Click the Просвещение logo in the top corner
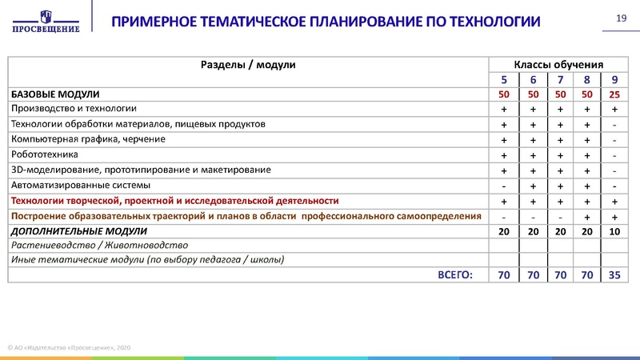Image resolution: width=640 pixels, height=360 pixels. tap(46, 21)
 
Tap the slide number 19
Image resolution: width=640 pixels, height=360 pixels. tap(619, 18)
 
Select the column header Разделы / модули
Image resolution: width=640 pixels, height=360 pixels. tap(248, 64)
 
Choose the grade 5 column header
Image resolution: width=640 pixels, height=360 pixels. tap(504, 79)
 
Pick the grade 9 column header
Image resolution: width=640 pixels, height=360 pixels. tap(614, 79)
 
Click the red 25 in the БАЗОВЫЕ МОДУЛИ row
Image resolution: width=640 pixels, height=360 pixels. tap(614, 94)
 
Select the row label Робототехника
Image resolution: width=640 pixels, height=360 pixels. tap(44, 154)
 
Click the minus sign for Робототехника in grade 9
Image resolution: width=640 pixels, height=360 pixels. tap(614, 155)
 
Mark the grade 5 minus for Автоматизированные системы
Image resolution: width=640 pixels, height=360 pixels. tap(504, 186)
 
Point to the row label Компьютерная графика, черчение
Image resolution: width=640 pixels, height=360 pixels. tap(88, 139)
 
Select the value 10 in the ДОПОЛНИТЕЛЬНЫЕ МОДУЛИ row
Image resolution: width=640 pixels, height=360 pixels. tap(614, 231)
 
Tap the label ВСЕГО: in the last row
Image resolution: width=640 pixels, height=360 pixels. tap(455, 274)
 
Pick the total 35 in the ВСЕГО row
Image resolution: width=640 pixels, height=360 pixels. tap(614, 275)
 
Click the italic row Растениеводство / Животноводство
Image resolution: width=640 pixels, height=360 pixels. tap(99, 246)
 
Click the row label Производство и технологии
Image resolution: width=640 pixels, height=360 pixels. tap(74, 109)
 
